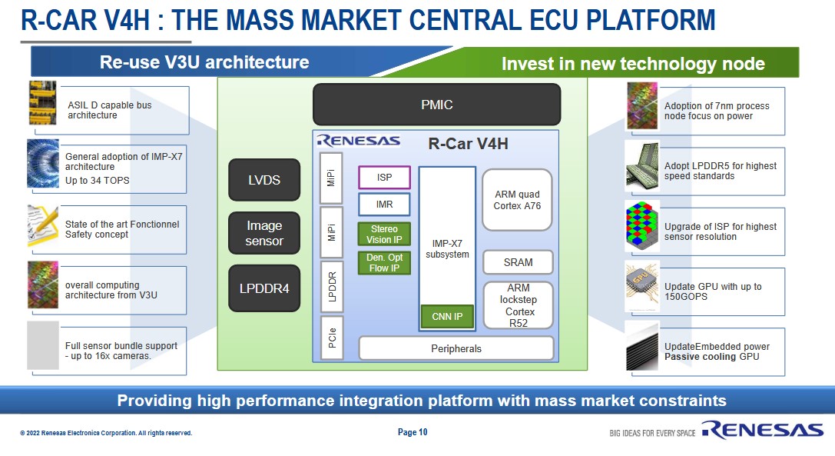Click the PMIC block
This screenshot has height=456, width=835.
[x=436, y=105]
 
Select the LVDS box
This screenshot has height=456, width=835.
[x=264, y=181]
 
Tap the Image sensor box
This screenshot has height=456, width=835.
[x=264, y=234]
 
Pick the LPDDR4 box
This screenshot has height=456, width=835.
[x=264, y=288]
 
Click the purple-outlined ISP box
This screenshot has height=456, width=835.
[x=384, y=178]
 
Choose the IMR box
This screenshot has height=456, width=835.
[x=384, y=205]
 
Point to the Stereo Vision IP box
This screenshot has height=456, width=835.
[x=384, y=234]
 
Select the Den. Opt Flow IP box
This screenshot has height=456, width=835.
[x=384, y=263]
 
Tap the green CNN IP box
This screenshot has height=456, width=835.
[x=447, y=316]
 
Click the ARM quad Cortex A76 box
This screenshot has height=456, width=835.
[x=517, y=199]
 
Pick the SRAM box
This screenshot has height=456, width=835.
[x=518, y=262]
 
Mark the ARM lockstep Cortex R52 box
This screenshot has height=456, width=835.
[x=518, y=305]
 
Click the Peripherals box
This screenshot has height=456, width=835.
[x=456, y=348]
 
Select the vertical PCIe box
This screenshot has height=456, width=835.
[x=332, y=338]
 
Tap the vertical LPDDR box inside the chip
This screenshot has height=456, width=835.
[x=332, y=285]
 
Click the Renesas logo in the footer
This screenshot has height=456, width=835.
[x=761, y=431]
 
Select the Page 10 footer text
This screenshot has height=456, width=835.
[x=413, y=432]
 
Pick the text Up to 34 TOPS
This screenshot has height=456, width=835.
[x=97, y=181]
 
